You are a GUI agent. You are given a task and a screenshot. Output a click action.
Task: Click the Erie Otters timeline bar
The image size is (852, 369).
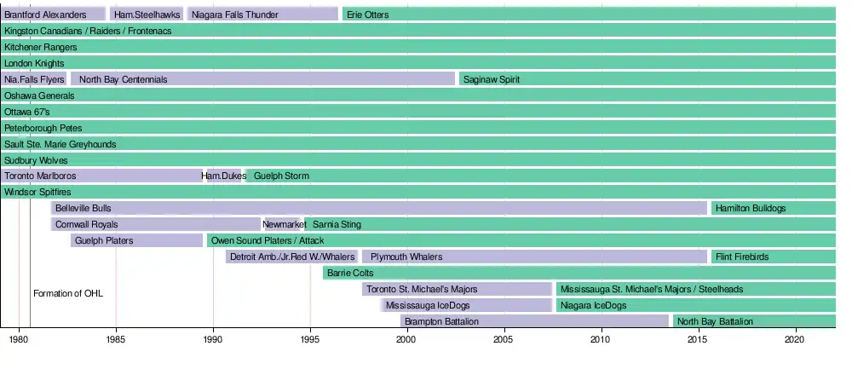588,14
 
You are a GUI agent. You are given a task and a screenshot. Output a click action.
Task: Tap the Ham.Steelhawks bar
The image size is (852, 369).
146,14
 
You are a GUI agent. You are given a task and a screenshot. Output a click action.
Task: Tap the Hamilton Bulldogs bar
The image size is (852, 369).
773,208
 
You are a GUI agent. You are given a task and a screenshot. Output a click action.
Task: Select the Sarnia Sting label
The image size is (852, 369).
337,224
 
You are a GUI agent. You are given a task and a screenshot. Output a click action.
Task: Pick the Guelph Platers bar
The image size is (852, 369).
136,240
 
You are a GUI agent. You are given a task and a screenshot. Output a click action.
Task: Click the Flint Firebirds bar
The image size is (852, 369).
773,257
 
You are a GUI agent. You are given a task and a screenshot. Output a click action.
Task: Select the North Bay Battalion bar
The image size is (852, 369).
753,321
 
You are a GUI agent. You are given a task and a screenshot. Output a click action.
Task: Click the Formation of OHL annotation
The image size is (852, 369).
68,293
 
